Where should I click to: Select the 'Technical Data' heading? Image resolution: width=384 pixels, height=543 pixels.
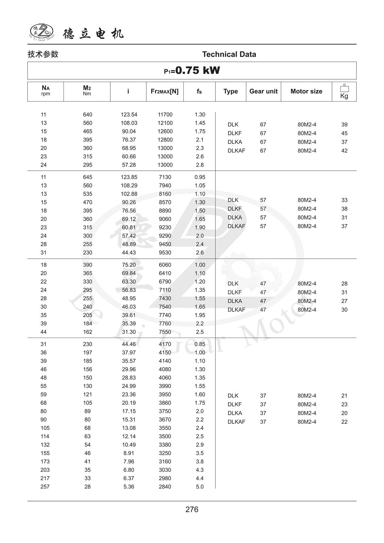point(229,54)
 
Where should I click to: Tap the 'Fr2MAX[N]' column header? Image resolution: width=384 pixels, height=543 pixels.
point(164,91)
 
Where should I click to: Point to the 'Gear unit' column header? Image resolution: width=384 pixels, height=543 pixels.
point(263,91)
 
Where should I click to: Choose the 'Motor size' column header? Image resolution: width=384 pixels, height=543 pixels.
point(306,91)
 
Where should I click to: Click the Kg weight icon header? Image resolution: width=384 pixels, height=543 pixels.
point(344,91)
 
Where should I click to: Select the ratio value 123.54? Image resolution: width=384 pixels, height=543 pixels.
point(129,115)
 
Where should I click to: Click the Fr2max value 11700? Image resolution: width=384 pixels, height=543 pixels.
point(165,115)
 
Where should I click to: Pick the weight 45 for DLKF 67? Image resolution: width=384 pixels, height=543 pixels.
point(344,133)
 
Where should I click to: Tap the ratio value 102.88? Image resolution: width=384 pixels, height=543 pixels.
point(129,194)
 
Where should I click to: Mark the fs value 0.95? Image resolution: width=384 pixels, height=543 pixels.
point(200,177)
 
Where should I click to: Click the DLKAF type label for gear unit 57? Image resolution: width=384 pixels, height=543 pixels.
point(236,226)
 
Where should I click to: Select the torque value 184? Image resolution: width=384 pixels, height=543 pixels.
point(87,323)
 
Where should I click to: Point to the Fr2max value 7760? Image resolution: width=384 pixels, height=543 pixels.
point(165,323)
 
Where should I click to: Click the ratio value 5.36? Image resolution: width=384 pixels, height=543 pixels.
point(128,486)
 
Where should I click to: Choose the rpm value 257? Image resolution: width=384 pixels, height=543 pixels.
point(45,486)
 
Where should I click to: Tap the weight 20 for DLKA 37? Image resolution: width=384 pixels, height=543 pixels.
point(344,413)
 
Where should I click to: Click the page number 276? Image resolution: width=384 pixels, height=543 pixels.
point(192,509)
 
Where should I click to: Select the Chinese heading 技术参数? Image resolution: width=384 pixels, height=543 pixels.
point(43,54)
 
